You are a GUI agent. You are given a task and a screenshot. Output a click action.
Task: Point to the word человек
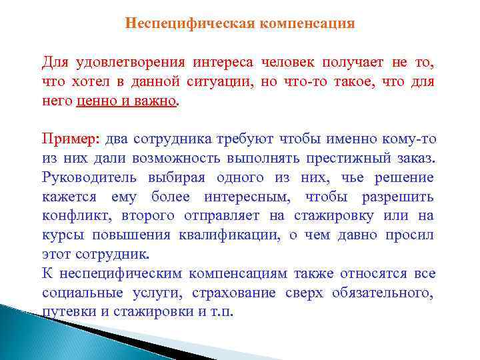coord(288,63)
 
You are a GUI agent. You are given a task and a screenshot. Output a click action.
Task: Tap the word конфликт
coord(72,216)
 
